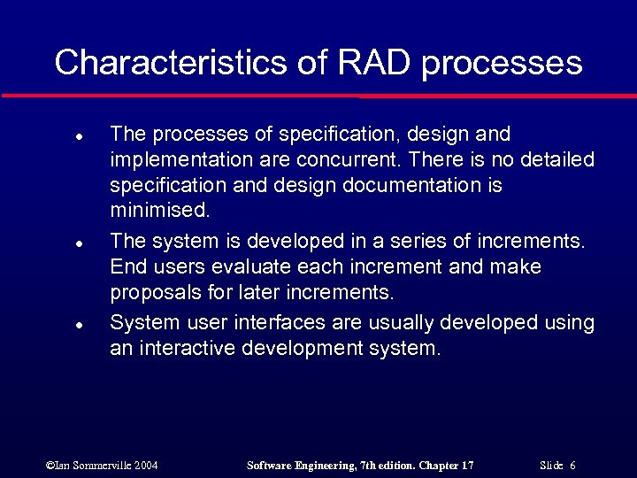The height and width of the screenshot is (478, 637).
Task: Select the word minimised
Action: (160, 212)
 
